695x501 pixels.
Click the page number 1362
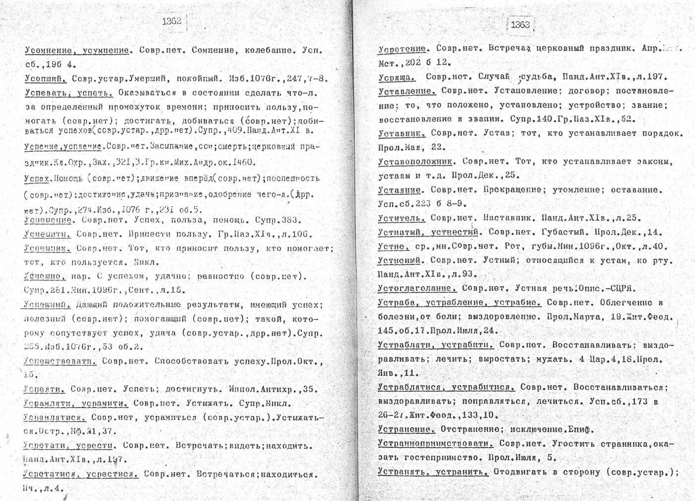tap(172, 21)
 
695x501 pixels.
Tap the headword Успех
tap(36, 178)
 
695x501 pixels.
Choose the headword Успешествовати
tap(59, 361)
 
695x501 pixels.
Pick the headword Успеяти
tap(44, 389)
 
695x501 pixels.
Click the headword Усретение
tap(402, 49)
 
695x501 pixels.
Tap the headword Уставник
tap(401, 133)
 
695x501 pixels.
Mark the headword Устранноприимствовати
tap(435, 443)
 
